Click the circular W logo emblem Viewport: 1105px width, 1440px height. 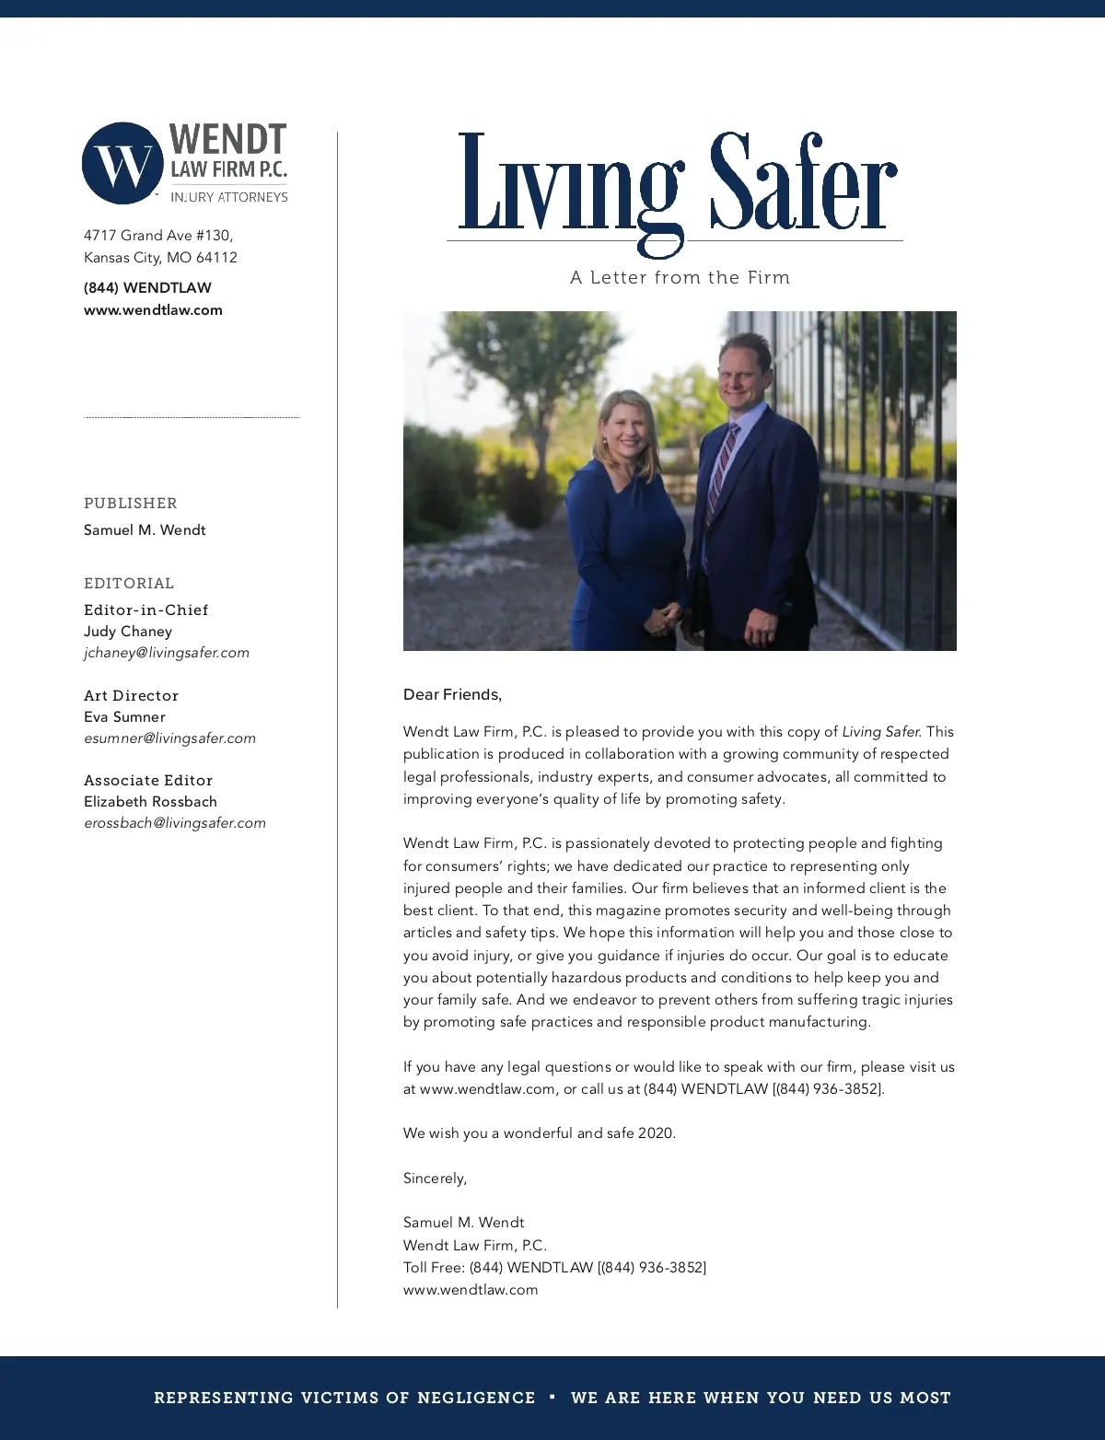[x=122, y=163]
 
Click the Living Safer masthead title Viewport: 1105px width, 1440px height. [x=677, y=184]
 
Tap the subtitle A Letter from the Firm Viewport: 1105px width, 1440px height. [x=680, y=277]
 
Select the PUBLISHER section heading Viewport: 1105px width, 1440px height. [x=131, y=503]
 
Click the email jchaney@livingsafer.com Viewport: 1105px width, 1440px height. [x=167, y=653]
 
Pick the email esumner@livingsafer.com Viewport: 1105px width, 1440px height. [x=169, y=738]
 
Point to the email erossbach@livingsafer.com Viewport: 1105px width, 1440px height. [x=175, y=823]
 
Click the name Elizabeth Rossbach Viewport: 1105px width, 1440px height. [x=150, y=802]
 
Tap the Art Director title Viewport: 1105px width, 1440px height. [x=131, y=695]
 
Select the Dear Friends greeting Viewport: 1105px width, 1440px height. [x=452, y=694]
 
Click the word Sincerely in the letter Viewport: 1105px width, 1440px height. [x=435, y=1178]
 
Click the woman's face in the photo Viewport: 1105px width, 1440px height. [x=628, y=431]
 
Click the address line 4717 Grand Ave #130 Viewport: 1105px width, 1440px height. [x=158, y=236]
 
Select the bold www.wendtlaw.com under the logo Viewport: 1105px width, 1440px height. [x=153, y=310]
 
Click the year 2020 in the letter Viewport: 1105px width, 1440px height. [x=656, y=1133]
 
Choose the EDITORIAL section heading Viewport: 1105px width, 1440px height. [x=129, y=583]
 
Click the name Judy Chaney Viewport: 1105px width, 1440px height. [x=128, y=632]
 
